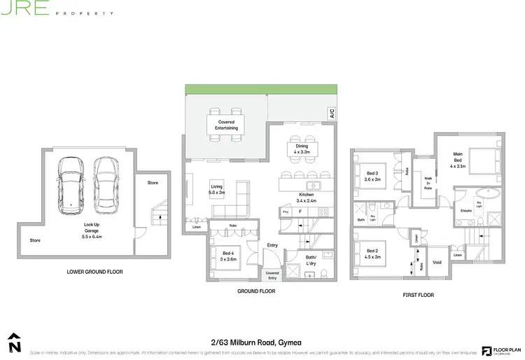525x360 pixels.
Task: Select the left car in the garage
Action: [x=70, y=185]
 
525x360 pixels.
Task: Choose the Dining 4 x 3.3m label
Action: [x=302, y=148]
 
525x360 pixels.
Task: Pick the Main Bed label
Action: [x=458, y=160]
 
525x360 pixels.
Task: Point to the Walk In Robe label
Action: [x=428, y=184]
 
